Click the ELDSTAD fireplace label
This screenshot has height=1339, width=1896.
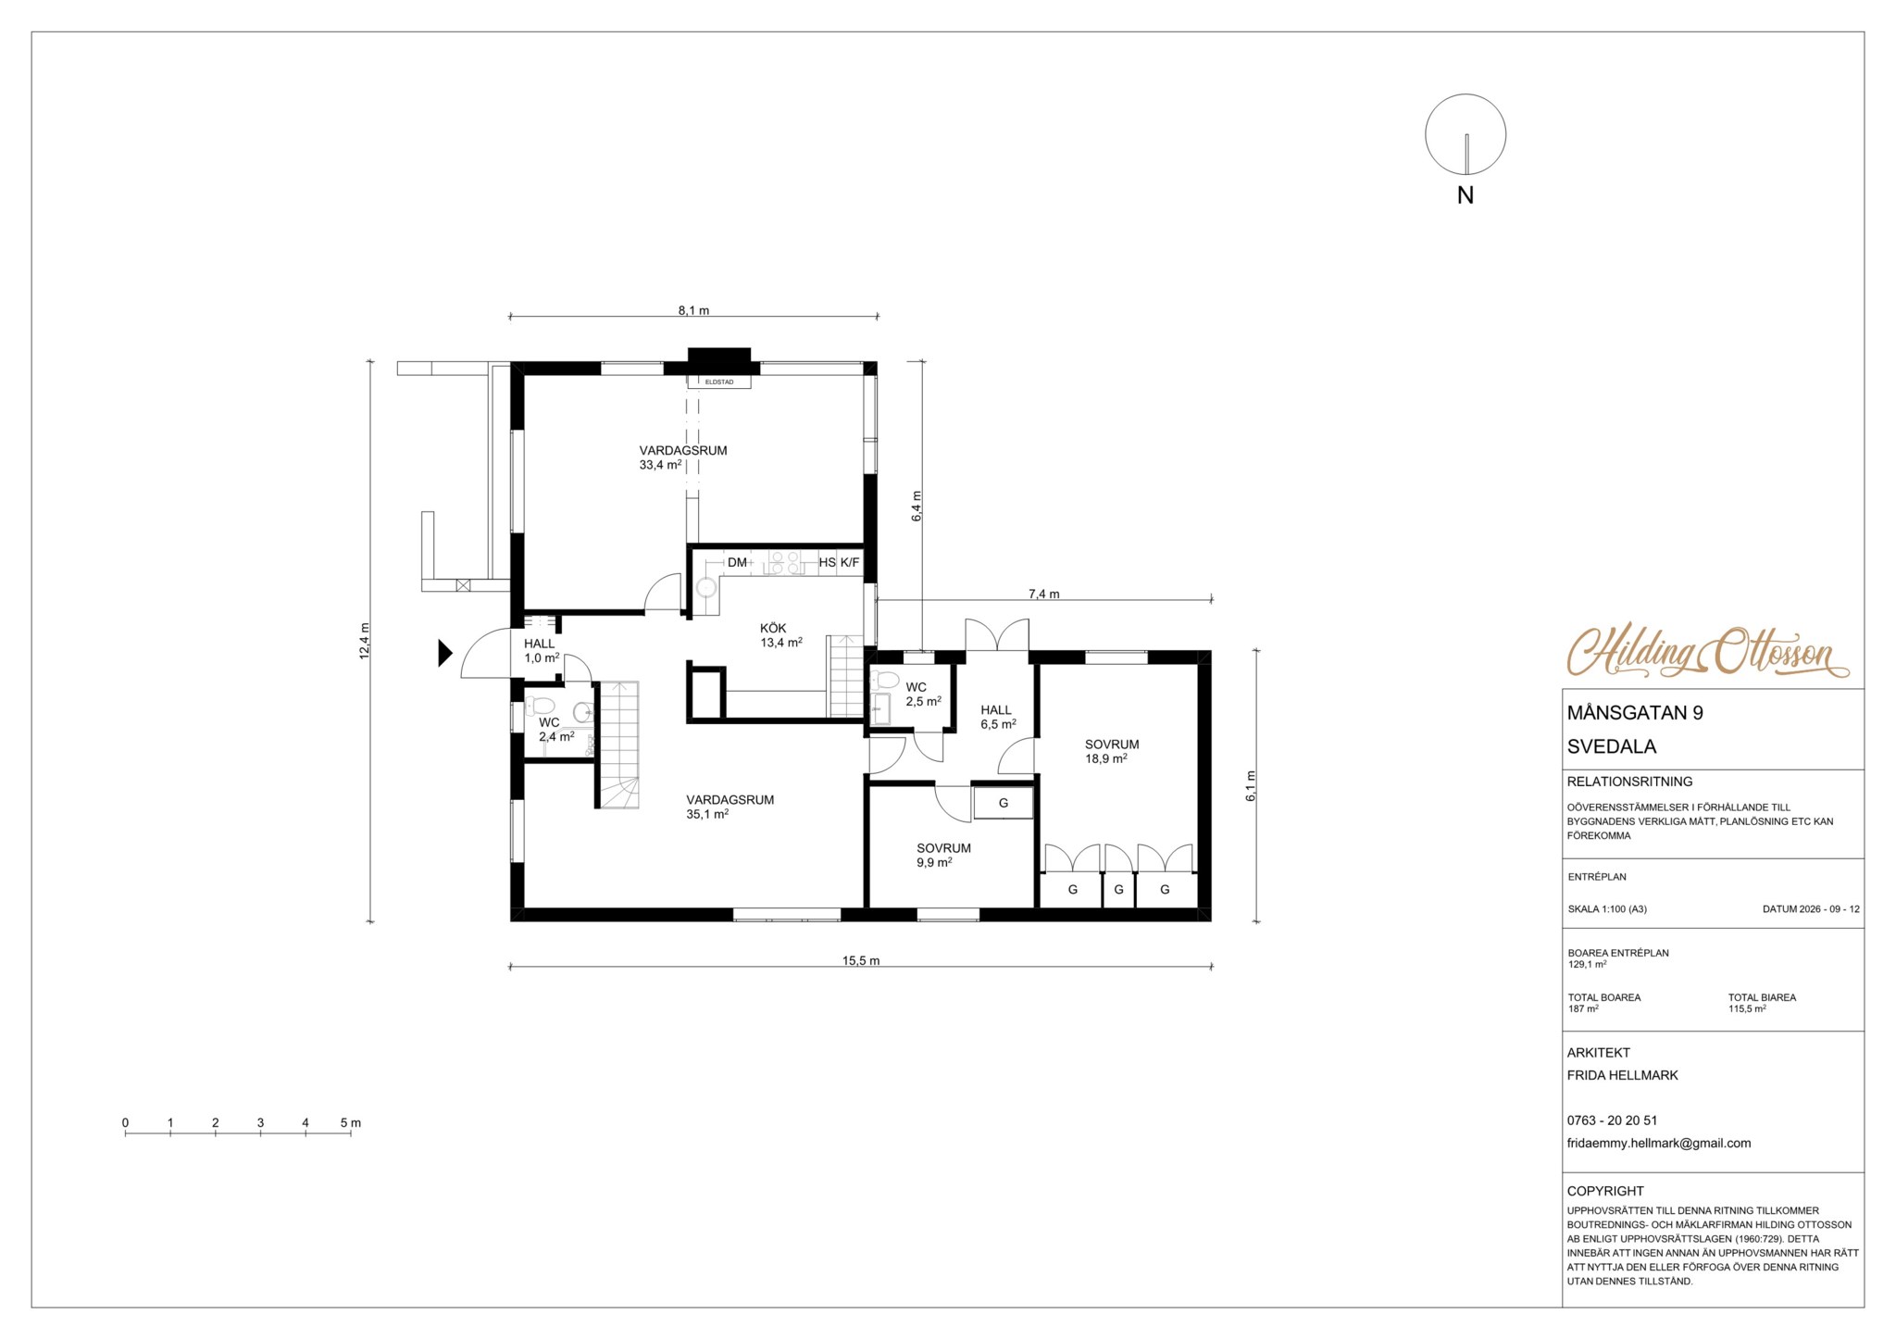click(x=719, y=382)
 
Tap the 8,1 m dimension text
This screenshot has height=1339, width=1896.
click(x=693, y=310)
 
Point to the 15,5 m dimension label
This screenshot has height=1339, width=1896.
click(x=861, y=960)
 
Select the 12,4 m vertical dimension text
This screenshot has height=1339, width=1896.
click(x=365, y=640)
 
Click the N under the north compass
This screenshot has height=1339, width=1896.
click(x=1466, y=195)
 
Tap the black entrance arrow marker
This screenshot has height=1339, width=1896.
click(x=444, y=653)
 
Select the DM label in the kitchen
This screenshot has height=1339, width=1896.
click(x=737, y=562)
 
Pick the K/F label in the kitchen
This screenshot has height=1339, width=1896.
click(x=850, y=562)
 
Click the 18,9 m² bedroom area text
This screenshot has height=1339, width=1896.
click(x=1106, y=758)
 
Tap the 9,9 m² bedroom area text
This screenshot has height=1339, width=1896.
click(x=934, y=862)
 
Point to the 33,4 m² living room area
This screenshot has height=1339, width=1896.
click(x=660, y=465)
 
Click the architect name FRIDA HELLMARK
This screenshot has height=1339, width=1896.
click(x=1623, y=1075)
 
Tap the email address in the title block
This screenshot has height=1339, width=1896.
click(x=1659, y=1143)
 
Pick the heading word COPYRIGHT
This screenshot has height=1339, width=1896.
click(x=1605, y=1191)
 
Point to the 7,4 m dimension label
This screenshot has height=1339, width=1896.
click(x=1043, y=594)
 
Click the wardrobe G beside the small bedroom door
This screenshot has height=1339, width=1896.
click(x=1004, y=803)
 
